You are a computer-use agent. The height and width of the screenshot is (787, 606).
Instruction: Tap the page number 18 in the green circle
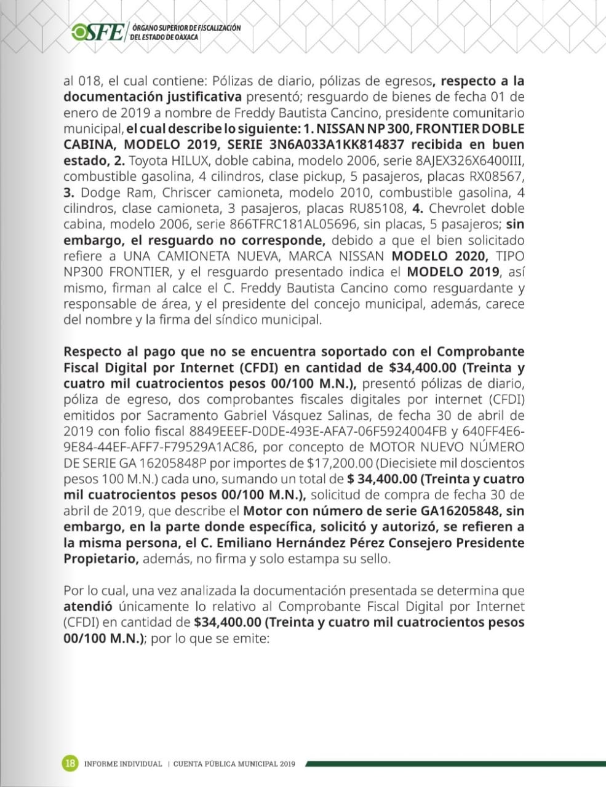(71, 764)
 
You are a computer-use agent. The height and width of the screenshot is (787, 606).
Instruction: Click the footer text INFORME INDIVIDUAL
(123, 764)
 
